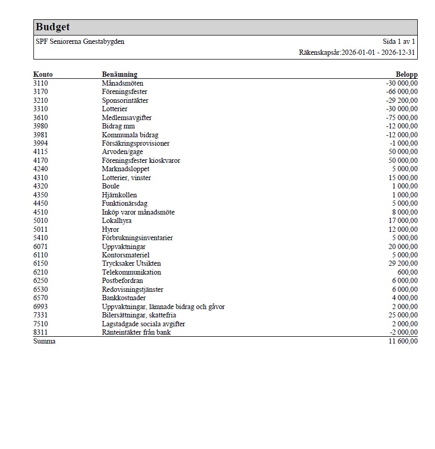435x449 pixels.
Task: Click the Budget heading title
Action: tap(53, 27)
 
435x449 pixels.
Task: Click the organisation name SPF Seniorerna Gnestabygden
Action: tap(80, 41)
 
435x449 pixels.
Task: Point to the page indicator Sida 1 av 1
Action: tap(398, 41)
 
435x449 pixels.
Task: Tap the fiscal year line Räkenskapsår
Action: tap(357, 53)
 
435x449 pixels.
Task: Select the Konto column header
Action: tap(43, 75)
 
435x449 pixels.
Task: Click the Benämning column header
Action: tap(120, 75)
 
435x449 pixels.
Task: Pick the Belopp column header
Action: tap(407, 75)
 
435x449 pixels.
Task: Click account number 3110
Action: tap(40, 83)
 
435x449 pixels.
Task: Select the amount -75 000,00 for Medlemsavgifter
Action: tap(402, 117)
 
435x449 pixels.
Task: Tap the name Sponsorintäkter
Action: tap(125, 100)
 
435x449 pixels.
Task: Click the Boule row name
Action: tap(111, 186)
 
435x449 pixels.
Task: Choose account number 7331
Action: tap(40, 315)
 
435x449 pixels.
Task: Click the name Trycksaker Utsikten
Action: tap(131, 263)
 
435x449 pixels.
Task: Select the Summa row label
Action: tap(44, 341)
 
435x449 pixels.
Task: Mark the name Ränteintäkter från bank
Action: tap(136, 332)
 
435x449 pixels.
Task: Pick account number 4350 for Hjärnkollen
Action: tap(40, 195)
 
